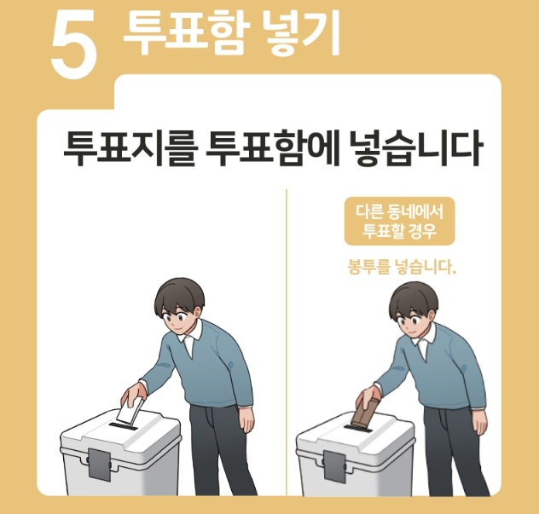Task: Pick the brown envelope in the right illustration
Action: pos(362,413)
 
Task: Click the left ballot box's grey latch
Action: pos(98,464)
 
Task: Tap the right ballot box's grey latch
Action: pos(334,464)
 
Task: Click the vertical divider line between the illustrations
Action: pos(286,341)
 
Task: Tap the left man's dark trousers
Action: pos(213,452)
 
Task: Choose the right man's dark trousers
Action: pos(448,452)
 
